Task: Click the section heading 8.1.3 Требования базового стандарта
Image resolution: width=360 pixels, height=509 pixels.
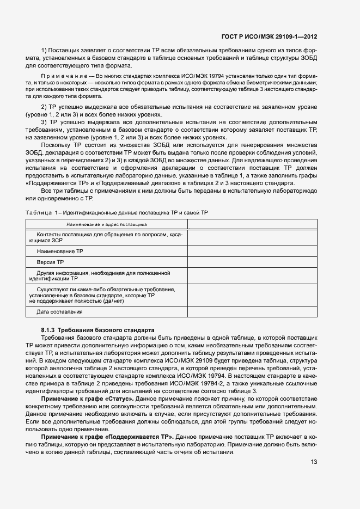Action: click(x=97, y=330)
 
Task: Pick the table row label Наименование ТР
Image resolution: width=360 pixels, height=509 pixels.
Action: click(x=59, y=252)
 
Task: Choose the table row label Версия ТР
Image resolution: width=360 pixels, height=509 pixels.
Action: click(x=50, y=262)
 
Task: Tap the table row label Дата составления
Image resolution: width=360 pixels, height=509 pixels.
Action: click(x=59, y=311)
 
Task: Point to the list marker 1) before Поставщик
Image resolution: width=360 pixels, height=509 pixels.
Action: click(x=45, y=51)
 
